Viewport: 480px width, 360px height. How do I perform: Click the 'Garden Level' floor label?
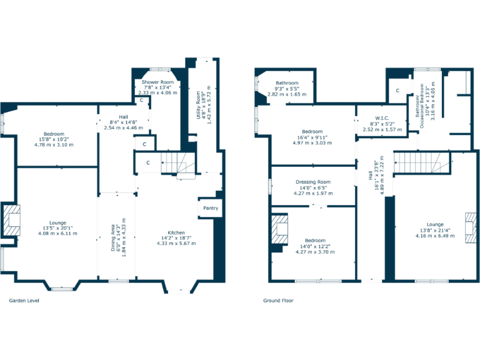[x=22, y=301]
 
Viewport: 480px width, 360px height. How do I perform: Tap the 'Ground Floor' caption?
[x=278, y=301]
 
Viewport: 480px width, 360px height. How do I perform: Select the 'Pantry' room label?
[x=211, y=208]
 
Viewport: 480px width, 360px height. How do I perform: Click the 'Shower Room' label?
[x=157, y=82]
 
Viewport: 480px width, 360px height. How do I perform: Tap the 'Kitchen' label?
[x=176, y=232]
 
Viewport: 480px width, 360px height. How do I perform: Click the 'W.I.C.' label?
[x=382, y=117]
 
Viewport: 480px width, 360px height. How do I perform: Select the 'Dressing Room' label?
[x=313, y=182]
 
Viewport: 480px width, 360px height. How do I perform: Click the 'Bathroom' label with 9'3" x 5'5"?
[x=287, y=83]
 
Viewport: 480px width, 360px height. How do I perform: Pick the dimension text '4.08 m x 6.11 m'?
[x=56, y=234]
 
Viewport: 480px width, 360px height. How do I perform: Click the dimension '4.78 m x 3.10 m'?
[x=54, y=144]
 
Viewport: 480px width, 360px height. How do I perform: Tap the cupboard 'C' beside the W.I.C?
[x=397, y=91]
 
